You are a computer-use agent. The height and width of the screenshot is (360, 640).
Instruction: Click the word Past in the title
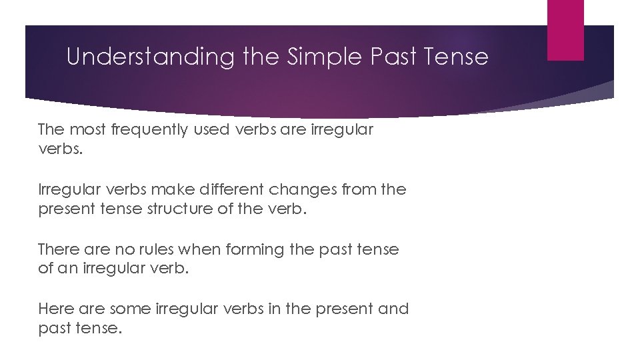coord(393,57)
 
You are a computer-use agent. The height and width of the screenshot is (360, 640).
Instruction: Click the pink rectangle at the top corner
coord(565,29)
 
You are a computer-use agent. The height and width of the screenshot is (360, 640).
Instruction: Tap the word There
coord(59,249)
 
